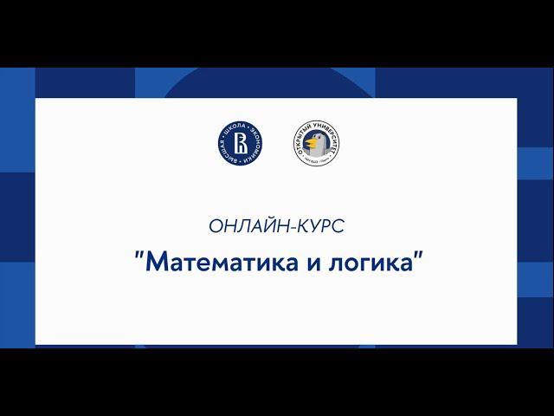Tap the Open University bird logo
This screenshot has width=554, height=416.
click(x=315, y=144)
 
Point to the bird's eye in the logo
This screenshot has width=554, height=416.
click(x=318, y=138)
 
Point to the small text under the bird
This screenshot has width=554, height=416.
click(x=315, y=162)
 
